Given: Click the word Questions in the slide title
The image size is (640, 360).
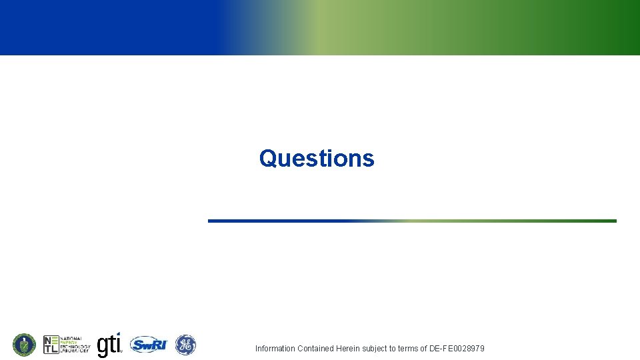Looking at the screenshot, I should [317, 158].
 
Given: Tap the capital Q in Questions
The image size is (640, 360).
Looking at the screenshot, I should [268, 159].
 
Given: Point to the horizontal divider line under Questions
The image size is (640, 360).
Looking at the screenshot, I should [412, 221].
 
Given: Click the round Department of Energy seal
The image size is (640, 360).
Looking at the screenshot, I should [24, 345].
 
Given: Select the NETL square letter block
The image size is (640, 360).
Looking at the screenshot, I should [51, 345].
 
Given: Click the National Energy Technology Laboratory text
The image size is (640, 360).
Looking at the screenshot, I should [75, 345].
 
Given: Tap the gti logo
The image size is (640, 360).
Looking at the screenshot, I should [110, 345].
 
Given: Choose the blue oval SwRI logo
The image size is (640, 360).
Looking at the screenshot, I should [148, 345].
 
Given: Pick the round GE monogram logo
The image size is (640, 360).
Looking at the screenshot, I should [185, 345].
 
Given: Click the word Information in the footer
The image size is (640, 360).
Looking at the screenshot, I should [275, 349].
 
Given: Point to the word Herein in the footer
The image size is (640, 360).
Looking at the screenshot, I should [347, 349].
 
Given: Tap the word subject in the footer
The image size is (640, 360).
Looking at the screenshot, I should [375, 349].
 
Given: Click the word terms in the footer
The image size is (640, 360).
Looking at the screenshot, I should [408, 349].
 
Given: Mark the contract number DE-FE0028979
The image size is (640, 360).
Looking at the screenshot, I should [457, 349].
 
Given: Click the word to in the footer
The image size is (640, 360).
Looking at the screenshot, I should [393, 349].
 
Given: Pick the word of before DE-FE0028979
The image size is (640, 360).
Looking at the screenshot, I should [423, 349].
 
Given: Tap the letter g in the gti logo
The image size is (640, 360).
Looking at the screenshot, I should [103, 347].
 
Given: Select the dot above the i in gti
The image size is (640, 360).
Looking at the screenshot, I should [118, 334].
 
